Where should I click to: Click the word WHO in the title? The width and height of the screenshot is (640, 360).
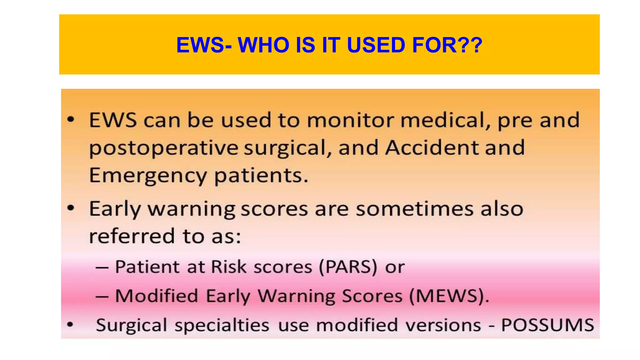coord(263,45)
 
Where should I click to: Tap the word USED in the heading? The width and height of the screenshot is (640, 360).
coord(376,45)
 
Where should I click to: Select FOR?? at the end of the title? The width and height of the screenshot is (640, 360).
coord(447,45)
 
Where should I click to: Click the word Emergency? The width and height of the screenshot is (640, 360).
coord(148,176)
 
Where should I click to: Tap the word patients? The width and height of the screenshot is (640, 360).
coord(261,176)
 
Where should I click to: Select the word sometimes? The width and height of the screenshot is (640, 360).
coord(414,209)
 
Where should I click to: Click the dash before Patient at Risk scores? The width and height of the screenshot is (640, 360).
coord(102,268)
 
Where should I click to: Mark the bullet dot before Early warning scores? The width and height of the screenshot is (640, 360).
coord(71,208)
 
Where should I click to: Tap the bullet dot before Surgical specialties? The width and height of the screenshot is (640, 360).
coord(70,325)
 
